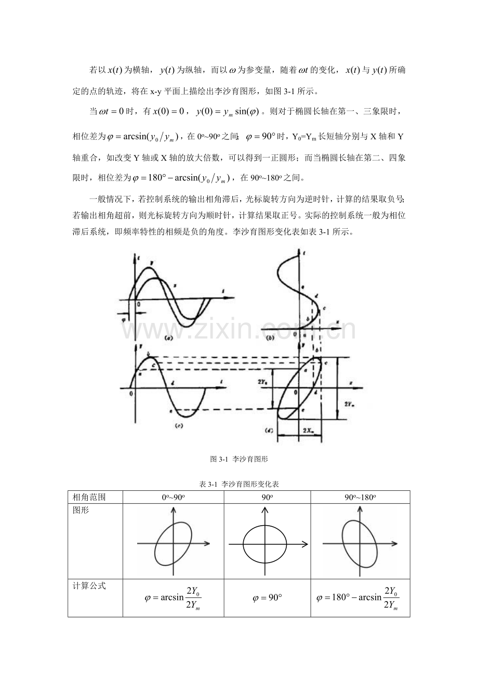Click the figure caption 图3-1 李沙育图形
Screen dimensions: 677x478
click(x=238, y=459)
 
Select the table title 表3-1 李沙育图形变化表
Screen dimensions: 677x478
click(x=238, y=484)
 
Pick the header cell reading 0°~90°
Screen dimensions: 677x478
click(x=174, y=497)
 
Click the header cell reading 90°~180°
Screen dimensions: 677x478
click(x=360, y=497)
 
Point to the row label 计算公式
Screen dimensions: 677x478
click(x=87, y=585)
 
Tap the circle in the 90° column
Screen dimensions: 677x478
click(x=265, y=544)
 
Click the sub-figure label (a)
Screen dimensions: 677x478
click(x=167, y=337)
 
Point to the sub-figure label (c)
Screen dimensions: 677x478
click(x=178, y=425)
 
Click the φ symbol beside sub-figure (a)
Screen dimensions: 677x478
click(x=124, y=320)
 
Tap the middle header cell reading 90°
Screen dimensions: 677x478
click(x=267, y=497)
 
